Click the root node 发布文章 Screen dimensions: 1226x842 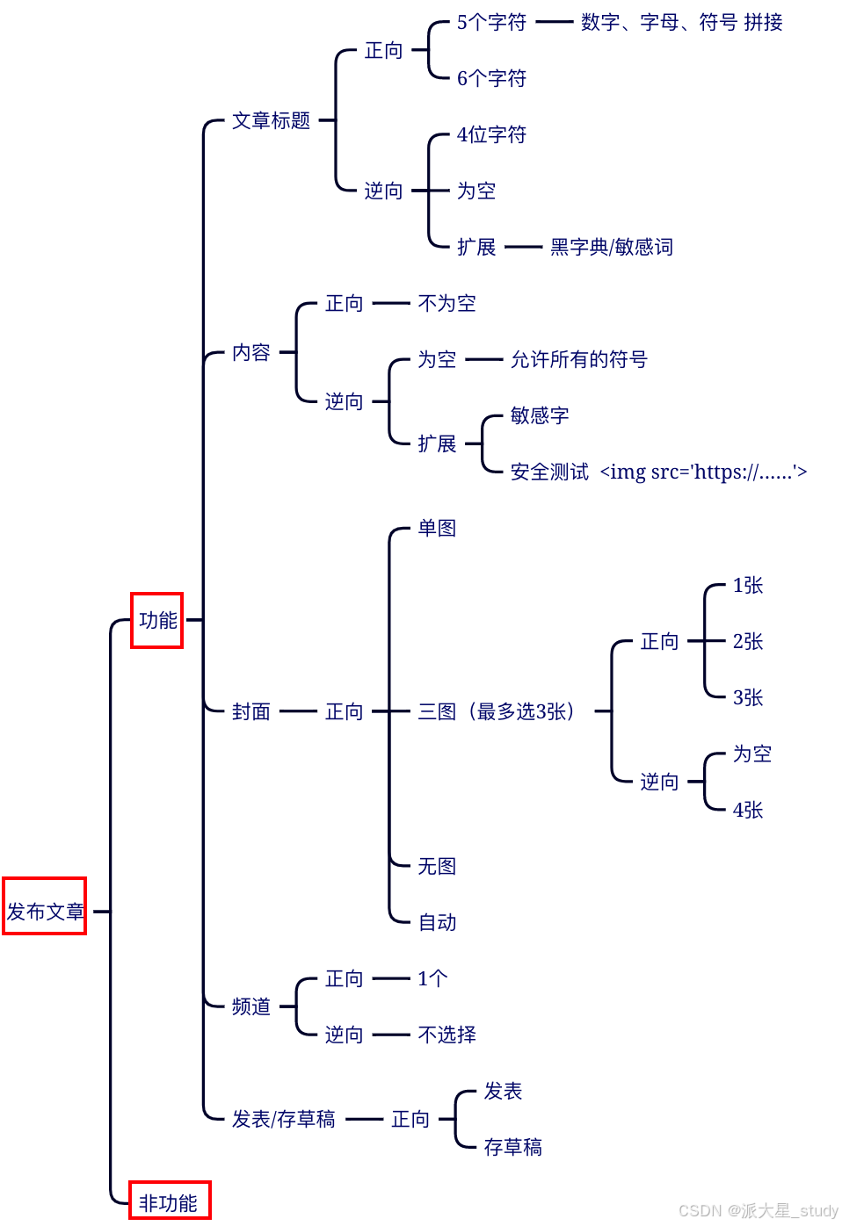45,911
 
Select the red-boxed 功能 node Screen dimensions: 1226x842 157,620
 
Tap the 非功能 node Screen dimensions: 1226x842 169,1202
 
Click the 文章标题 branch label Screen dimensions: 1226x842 271,120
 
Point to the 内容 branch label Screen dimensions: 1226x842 250,352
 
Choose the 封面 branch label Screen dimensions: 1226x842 250,711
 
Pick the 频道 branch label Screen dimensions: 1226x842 250,1006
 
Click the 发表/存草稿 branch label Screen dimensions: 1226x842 283,1119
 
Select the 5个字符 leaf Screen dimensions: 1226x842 491,22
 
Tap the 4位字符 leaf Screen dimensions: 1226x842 491,134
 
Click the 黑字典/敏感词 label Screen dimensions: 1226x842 612,247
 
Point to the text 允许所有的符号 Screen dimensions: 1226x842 578,359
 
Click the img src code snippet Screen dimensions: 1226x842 703,472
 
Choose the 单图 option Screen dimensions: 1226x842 437,528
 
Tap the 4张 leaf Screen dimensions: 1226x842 748,810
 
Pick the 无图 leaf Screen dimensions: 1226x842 437,866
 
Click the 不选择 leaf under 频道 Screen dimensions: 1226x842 446,1035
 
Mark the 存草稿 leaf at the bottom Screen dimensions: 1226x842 512,1147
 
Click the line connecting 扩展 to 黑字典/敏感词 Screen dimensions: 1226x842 524,247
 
